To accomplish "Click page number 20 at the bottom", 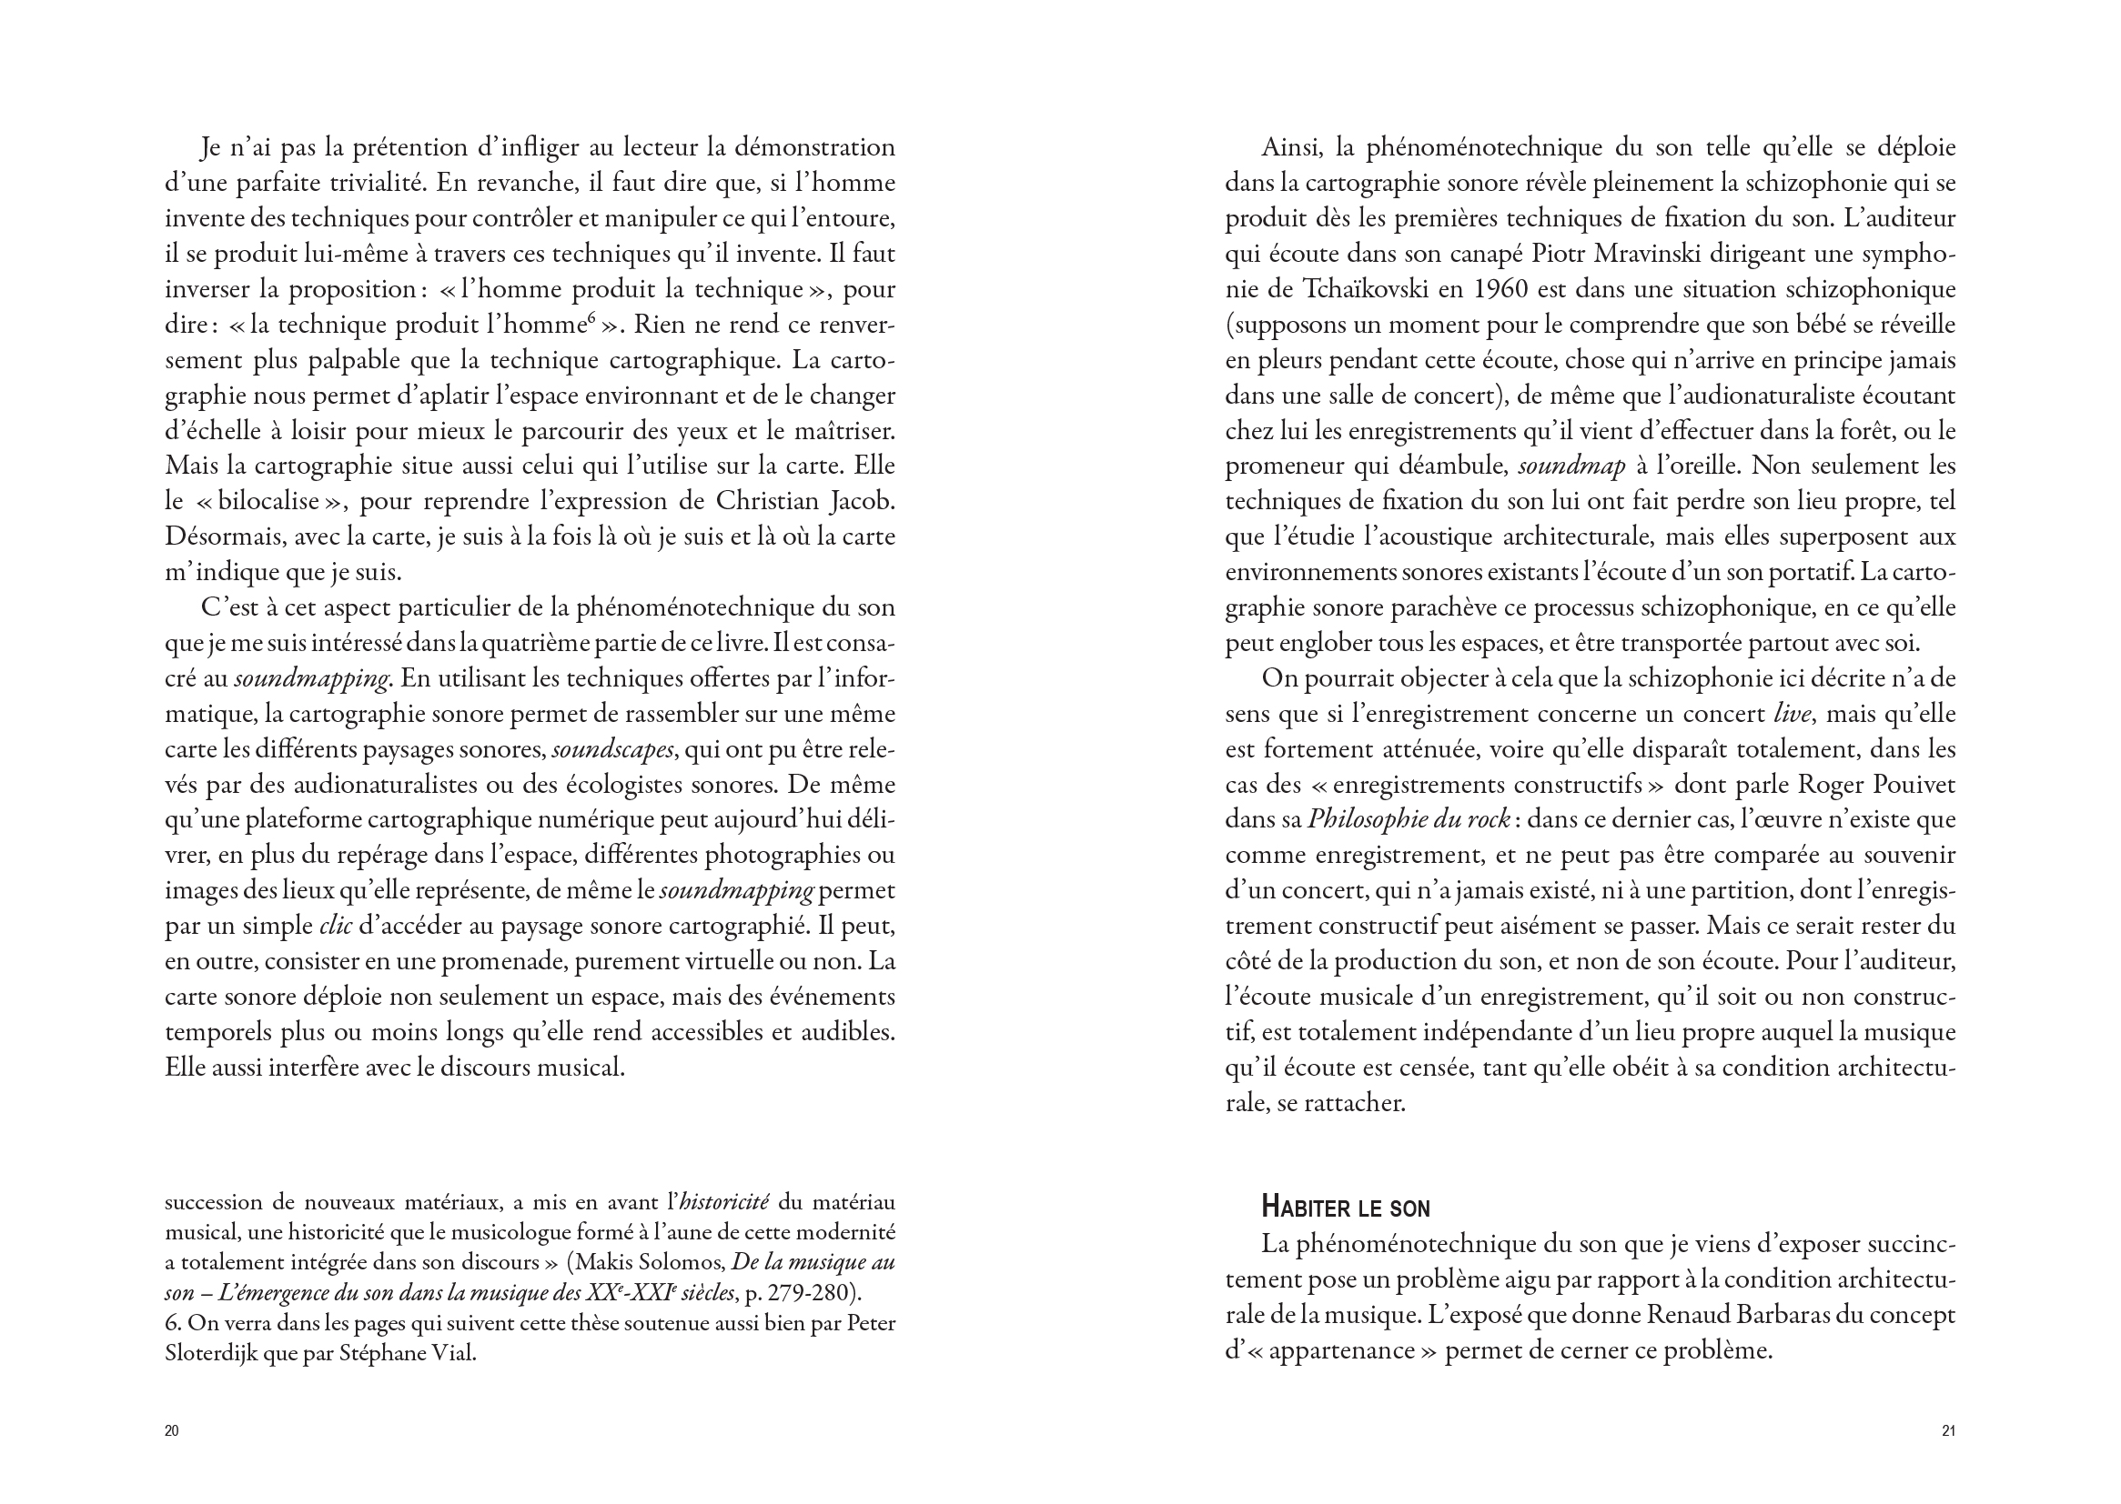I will pos(171,1431).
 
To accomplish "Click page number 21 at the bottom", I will pos(1948,1431).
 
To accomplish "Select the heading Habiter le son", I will pos(1346,1208).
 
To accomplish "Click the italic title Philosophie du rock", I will pos(1409,819).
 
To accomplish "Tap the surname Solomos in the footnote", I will pos(686,1262).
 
